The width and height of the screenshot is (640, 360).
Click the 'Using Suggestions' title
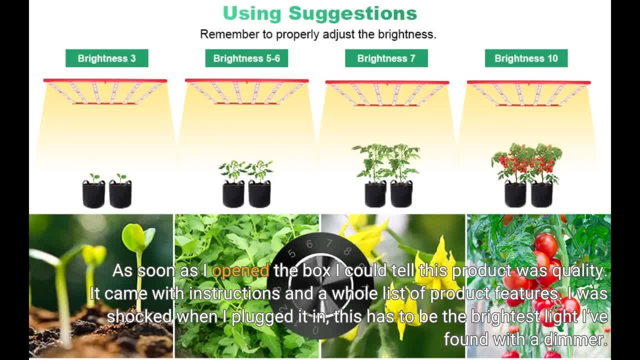(319, 13)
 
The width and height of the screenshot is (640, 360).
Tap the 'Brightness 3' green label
(106, 58)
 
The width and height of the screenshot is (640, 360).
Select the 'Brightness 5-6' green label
(246, 58)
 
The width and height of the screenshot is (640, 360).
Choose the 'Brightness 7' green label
(386, 58)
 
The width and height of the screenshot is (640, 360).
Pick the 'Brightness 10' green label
(526, 58)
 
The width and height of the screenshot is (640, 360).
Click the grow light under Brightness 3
(105, 91)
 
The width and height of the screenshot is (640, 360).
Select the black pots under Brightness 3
(106, 194)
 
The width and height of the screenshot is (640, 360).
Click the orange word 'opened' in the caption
(240, 270)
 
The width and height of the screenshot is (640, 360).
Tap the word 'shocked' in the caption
(139, 316)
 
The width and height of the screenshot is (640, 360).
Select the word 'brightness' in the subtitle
(407, 34)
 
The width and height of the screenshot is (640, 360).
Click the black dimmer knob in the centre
(320, 285)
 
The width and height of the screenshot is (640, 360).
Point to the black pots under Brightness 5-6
(246, 194)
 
